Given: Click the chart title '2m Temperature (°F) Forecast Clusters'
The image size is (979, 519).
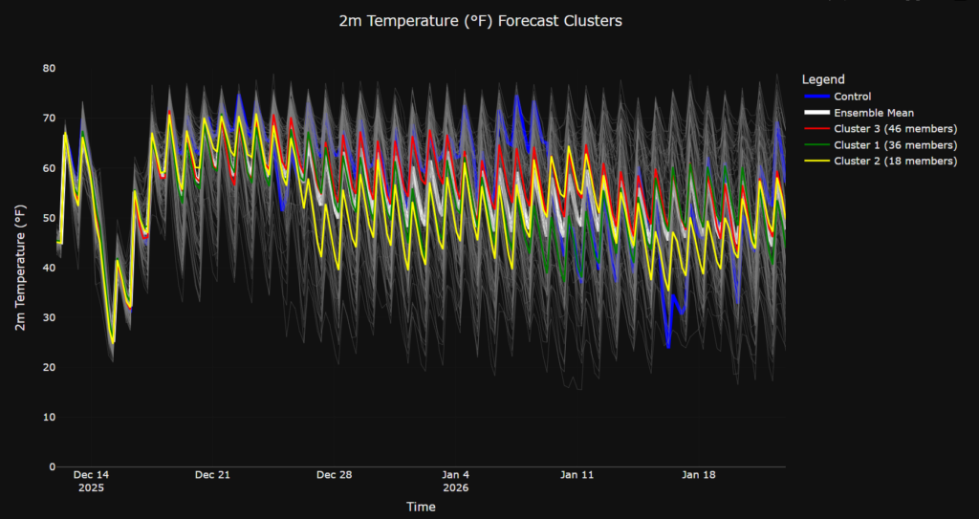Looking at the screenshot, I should [x=480, y=21].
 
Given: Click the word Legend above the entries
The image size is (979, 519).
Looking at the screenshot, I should [x=823, y=79].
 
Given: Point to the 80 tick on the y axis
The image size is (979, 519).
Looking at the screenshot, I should [x=49, y=69].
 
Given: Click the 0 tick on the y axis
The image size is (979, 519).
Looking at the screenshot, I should [x=52, y=467].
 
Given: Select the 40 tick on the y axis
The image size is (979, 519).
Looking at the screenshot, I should [x=49, y=268].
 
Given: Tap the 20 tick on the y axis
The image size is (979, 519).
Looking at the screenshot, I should [x=49, y=368].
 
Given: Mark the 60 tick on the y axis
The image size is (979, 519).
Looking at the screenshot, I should [x=49, y=168].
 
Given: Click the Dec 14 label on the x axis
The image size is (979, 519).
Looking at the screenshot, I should [x=91, y=475].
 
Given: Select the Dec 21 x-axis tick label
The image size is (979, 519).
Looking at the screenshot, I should [x=212, y=475].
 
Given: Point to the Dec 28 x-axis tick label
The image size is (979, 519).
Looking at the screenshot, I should [x=335, y=475].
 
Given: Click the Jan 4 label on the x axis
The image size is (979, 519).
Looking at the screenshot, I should [x=456, y=475].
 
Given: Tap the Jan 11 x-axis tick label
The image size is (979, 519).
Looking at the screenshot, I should [x=577, y=475].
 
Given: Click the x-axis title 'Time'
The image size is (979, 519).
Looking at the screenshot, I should [x=421, y=506].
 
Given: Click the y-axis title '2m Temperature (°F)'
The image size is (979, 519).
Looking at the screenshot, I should [x=20, y=269].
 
